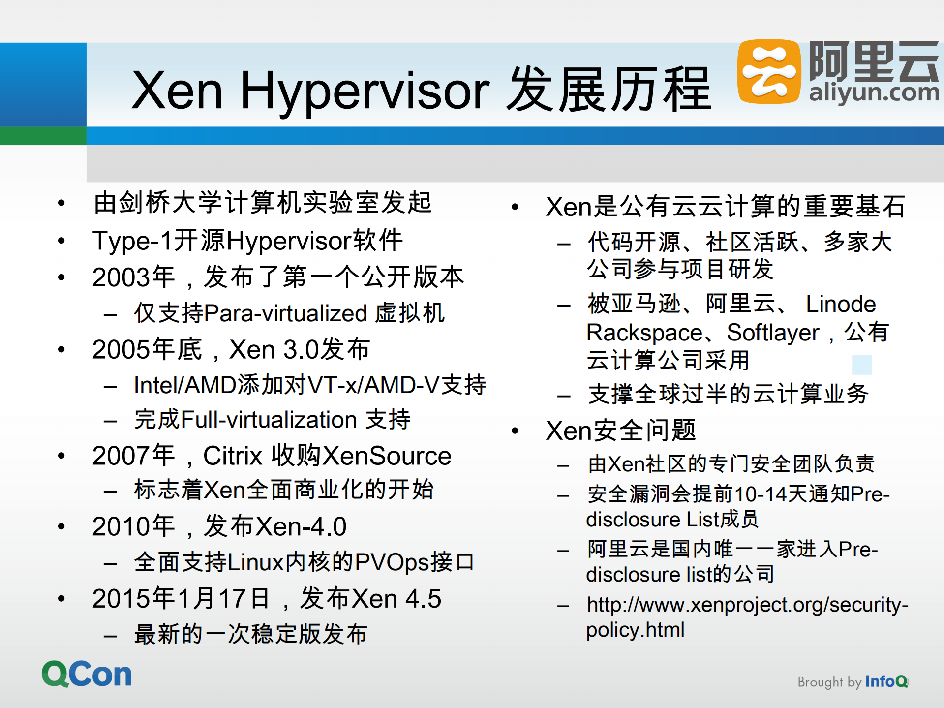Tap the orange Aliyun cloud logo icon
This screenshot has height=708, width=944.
(x=768, y=72)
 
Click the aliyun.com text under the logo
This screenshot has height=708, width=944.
(x=874, y=92)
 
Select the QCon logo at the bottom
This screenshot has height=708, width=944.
(x=87, y=674)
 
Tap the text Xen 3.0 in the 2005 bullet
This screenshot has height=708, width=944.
(x=274, y=350)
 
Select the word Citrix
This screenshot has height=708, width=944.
(x=233, y=456)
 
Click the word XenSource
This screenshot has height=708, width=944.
(x=387, y=456)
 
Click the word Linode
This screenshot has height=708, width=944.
(x=841, y=304)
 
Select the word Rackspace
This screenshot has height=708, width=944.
(x=644, y=333)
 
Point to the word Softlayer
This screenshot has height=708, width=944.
(x=773, y=333)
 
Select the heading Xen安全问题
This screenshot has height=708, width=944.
(x=621, y=431)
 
